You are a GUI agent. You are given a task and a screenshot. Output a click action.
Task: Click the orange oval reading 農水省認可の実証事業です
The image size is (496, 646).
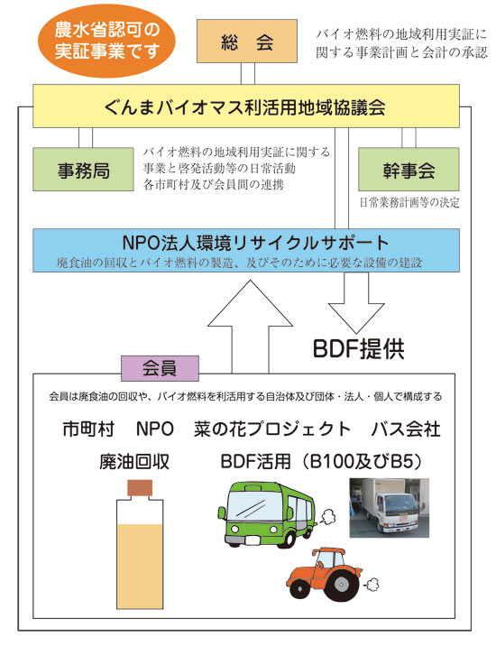tap(106, 41)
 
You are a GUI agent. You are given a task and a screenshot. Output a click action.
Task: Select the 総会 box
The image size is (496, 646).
tap(247, 42)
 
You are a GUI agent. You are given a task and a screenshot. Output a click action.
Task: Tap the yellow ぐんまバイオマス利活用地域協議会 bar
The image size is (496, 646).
tap(246, 106)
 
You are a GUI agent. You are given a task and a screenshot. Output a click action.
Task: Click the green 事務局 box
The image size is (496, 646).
tap(83, 170)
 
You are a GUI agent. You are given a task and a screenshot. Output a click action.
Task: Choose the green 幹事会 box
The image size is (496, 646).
tap(409, 170)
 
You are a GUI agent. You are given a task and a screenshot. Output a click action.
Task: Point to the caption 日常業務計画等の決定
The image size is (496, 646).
tap(409, 202)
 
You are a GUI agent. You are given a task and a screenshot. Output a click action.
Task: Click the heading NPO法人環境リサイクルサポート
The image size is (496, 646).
tap(255, 242)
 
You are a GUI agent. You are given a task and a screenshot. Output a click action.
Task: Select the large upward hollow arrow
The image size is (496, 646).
tap(250, 327)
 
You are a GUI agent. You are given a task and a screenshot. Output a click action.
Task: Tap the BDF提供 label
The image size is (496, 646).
tap(359, 349)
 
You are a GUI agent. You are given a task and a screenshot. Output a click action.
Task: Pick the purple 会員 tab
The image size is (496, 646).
tap(160, 368)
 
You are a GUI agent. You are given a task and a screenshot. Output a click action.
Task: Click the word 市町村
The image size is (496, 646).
tap(88, 429)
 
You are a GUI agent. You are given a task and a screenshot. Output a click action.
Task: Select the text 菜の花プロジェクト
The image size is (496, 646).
tap(272, 429)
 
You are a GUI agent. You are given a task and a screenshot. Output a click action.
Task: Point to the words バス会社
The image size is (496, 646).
tap(406, 429)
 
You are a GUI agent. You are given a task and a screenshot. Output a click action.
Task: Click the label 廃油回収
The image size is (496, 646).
tap(134, 461)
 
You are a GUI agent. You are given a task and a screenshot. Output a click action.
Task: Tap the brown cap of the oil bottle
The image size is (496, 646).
tap(140, 488)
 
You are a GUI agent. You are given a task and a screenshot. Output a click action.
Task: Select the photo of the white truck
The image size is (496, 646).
tap(390, 508)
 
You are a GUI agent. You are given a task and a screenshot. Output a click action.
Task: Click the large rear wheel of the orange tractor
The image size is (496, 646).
tap(341, 584)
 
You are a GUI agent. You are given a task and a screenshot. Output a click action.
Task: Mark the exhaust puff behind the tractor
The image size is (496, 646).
tap(372, 583)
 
